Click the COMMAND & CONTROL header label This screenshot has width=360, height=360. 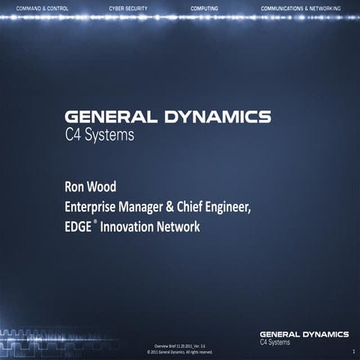point(43,7)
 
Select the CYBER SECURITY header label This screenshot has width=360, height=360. point(129,7)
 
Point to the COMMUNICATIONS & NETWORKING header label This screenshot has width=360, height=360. point(300,7)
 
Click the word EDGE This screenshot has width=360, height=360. point(78,226)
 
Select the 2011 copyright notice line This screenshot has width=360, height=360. point(179,351)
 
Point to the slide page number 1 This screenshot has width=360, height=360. point(352,350)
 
